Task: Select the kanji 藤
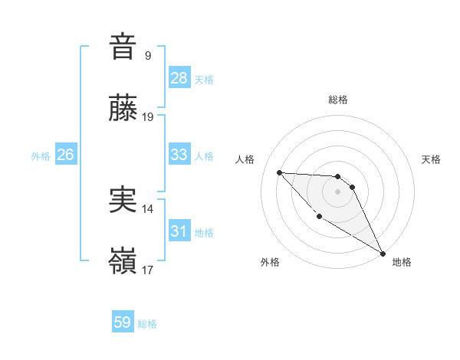point(123,109)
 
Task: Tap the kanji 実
point(123,200)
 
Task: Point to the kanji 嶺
point(123,263)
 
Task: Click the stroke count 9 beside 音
point(147,55)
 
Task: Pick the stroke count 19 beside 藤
point(149,118)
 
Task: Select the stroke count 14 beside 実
point(148,208)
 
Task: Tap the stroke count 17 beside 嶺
point(148,271)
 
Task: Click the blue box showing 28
point(179,78)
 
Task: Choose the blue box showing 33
point(179,155)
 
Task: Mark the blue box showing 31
point(179,231)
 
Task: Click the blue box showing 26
point(66,155)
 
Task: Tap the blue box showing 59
point(123,322)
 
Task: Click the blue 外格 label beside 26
point(41,155)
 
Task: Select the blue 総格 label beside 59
point(147,324)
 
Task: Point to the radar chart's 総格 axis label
point(338,100)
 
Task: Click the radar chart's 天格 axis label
point(432,159)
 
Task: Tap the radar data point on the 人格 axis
point(279,172)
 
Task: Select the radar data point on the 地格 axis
point(383,254)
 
